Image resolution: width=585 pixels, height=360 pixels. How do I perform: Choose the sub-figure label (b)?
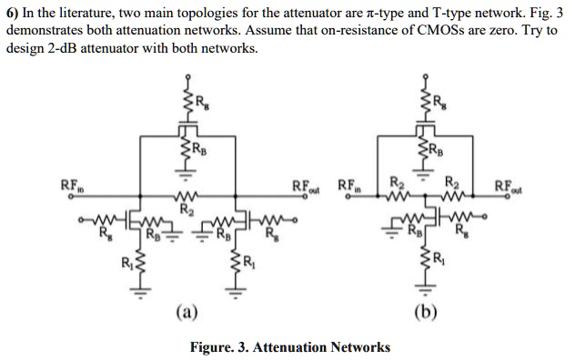point(424,314)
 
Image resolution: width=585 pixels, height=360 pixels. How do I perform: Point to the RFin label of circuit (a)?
point(70,186)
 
